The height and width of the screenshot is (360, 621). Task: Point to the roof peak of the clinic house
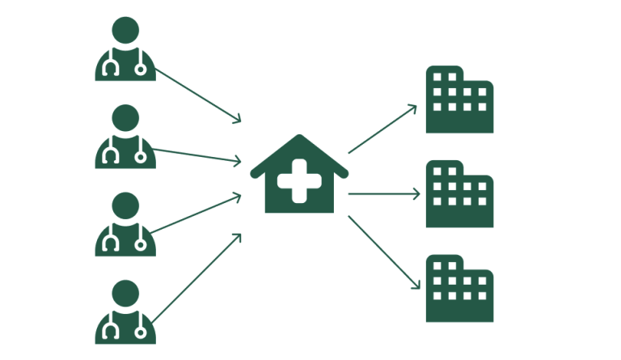[x=299, y=138]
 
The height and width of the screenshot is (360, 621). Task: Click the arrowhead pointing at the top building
[x=415, y=107]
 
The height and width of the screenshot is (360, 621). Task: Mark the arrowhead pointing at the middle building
[x=418, y=194]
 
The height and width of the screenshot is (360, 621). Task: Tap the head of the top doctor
[x=125, y=31]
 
